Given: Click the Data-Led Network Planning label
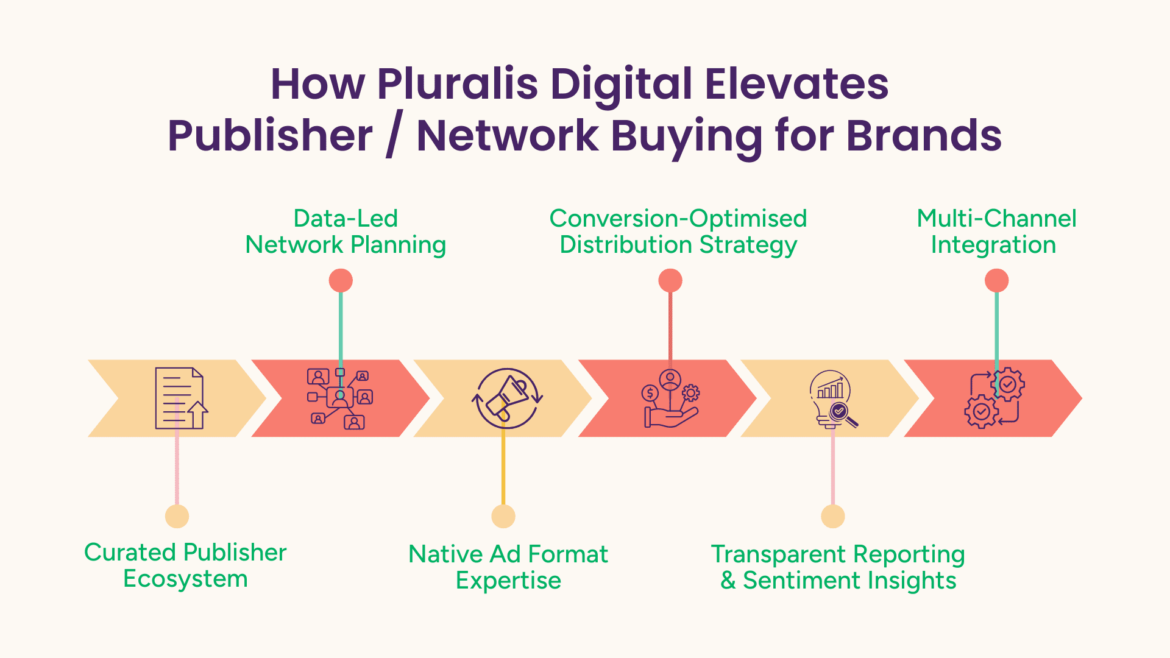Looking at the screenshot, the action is (346, 232).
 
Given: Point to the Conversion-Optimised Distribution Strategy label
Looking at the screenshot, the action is (678, 232).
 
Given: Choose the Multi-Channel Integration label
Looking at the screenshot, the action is (996, 232).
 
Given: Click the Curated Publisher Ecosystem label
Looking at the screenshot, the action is (185, 565).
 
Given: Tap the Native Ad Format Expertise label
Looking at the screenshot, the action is (508, 567).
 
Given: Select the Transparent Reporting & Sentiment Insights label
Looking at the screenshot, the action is (838, 567).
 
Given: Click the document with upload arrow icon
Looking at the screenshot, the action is (181, 398).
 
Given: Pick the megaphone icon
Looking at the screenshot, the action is (507, 398).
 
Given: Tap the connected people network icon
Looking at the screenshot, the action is (340, 398).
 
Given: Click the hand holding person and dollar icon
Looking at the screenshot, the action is (670, 398).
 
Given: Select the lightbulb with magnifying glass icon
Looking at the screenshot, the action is (833, 399).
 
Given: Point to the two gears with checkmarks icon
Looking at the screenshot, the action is (994, 398).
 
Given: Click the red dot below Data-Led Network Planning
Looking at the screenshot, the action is (341, 281).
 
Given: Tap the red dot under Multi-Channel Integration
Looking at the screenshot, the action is (997, 281).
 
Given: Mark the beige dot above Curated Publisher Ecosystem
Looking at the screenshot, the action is (177, 517).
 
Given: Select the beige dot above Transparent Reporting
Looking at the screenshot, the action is (833, 517).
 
